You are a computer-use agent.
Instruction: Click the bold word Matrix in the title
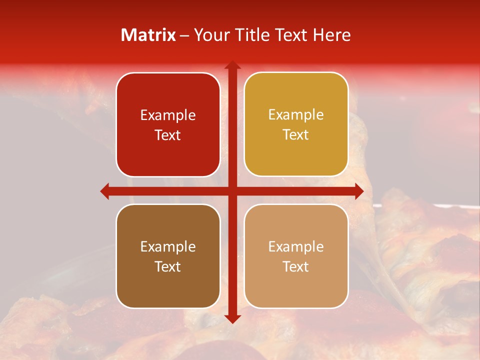[x=148, y=35]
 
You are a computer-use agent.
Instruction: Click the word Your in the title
[x=210, y=35]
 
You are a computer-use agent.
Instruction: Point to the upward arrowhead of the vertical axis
[x=232, y=65]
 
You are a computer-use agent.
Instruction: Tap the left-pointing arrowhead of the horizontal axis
[x=104, y=191]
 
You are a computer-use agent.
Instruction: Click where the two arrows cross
[x=232, y=191]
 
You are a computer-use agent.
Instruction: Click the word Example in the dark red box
[x=168, y=115]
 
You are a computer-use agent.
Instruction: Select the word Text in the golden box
[x=296, y=135]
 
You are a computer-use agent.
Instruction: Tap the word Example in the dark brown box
[x=168, y=247]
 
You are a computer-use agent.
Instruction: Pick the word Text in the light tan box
[x=296, y=266]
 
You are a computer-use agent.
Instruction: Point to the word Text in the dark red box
[x=168, y=135]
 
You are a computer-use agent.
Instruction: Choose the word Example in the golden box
[x=296, y=115]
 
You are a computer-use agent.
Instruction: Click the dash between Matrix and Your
[x=184, y=35]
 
